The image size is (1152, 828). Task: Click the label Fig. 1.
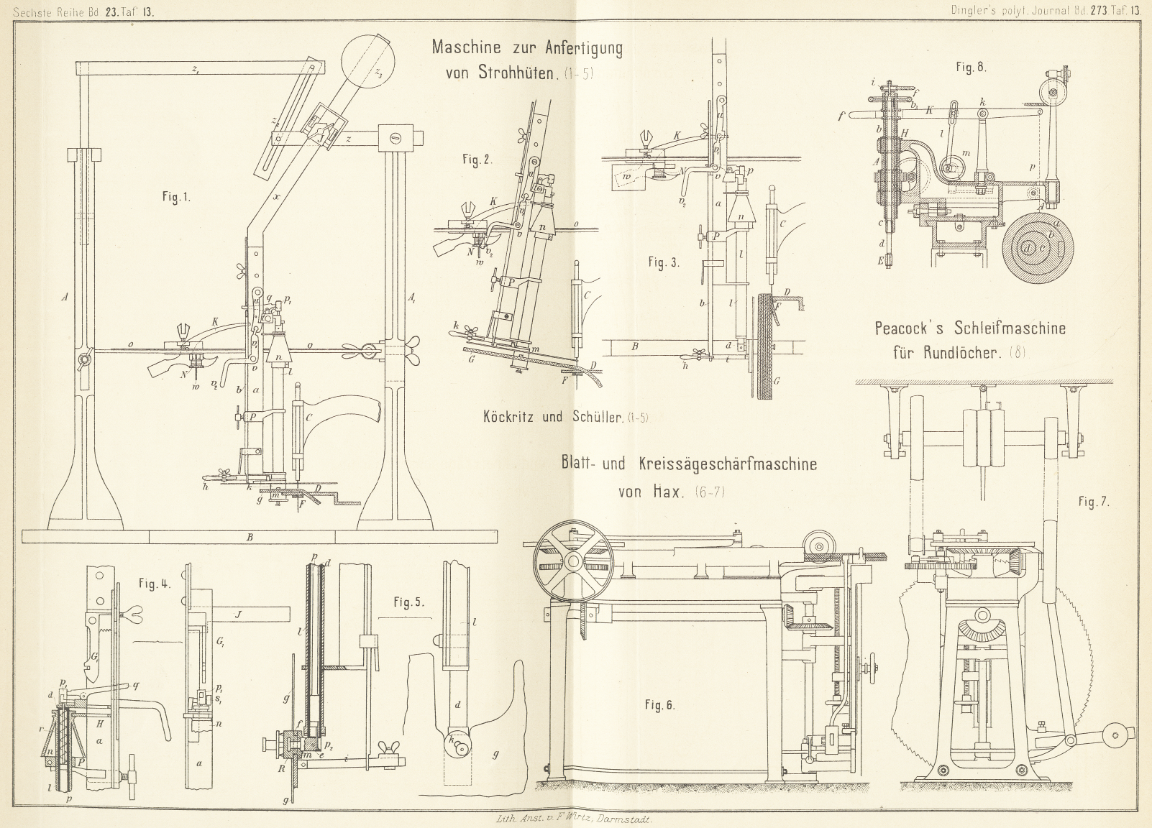point(175,197)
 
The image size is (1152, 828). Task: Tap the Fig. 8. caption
point(970,68)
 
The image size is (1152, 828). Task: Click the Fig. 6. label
point(659,705)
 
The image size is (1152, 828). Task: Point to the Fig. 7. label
point(1094,502)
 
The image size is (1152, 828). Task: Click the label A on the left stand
point(65,295)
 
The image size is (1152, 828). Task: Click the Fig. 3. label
point(663,262)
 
